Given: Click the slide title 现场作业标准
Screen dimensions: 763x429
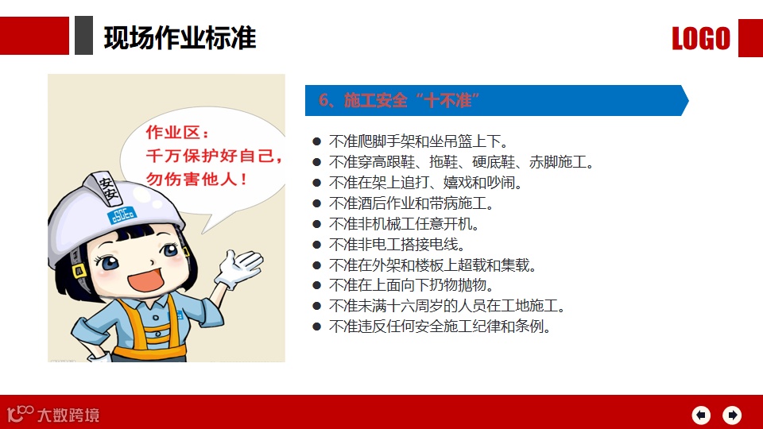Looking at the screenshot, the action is tap(180, 37).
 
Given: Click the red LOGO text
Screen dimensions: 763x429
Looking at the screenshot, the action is tap(701, 38).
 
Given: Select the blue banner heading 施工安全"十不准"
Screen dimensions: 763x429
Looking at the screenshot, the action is tap(399, 100).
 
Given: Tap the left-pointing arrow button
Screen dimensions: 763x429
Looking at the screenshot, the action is tap(701, 415).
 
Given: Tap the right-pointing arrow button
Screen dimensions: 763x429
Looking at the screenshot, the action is tap(732, 415).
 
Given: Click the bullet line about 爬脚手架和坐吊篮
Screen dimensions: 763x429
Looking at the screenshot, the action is tap(419, 141).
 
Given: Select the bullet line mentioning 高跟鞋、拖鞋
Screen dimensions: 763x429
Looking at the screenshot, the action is tap(461, 162).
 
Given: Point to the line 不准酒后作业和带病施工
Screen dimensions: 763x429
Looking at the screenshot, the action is tap(411, 203).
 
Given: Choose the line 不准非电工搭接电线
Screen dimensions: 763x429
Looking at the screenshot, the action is tap(397, 244).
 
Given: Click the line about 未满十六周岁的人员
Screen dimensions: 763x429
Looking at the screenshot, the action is tap(447, 306).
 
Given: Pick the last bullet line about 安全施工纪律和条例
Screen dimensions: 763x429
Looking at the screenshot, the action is tap(440, 327).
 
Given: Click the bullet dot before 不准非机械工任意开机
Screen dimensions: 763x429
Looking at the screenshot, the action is tap(317, 224).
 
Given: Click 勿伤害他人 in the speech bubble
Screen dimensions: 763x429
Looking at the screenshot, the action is tap(197, 179).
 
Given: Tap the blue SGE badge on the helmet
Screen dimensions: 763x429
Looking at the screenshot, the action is tap(122, 214).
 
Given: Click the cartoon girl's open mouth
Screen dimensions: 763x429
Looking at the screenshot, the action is tap(145, 280).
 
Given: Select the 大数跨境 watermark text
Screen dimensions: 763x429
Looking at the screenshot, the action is tap(68, 415).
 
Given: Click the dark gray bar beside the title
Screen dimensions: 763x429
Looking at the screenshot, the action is tap(83, 35).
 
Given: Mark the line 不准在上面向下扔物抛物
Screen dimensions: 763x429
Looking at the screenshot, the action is tap(411, 285).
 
